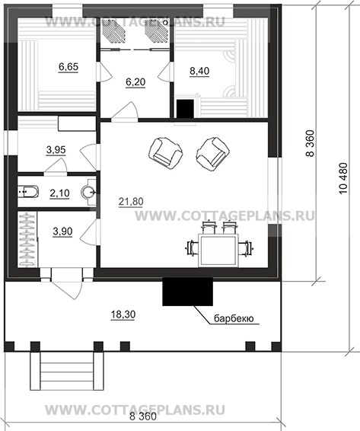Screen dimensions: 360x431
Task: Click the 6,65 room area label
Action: tap(68, 67)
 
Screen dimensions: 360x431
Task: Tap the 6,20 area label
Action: tap(135, 82)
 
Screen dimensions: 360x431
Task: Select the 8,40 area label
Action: tap(199, 71)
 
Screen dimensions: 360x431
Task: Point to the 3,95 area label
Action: tap(56, 150)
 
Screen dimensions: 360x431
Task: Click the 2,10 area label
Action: tap(59, 193)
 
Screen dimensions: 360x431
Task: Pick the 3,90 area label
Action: tap(62, 231)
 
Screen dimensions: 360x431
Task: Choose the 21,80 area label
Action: tap(131, 202)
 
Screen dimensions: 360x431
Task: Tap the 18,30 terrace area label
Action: tap(123, 314)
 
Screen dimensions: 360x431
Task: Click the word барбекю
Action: tap(234, 318)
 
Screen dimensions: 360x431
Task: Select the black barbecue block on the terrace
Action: tap(188, 292)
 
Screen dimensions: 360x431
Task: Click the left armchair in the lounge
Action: tap(165, 152)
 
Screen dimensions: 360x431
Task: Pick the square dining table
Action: tap(218, 251)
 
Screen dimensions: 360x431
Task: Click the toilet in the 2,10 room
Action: tap(28, 192)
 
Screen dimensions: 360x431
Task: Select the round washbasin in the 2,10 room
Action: tap(88, 192)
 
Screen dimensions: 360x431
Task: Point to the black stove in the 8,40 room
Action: tap(186, 109)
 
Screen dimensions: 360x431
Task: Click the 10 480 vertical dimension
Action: tap(343, 179)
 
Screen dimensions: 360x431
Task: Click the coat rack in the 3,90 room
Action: tap(27, 239)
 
